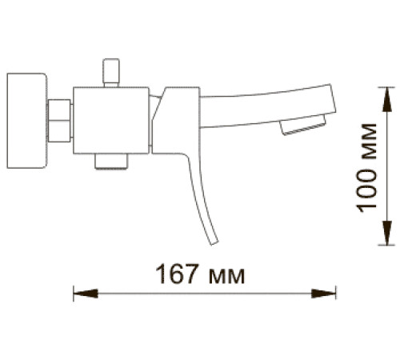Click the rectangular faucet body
pyautogui.click(x=113, y=120)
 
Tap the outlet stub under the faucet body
pyautogui.click(x=111, y=162)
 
